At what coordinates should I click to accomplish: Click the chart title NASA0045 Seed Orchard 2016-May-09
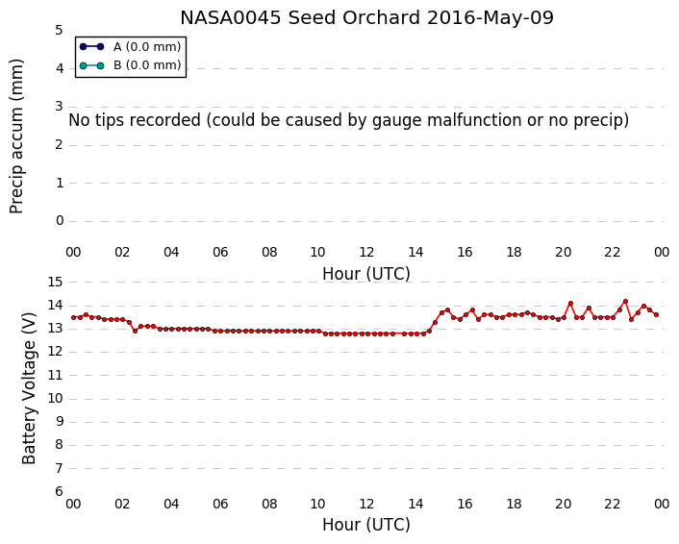(x=366, y=18)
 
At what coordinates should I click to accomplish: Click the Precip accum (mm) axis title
(x=16, y=136)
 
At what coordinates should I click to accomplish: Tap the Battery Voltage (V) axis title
(x=29, y=388)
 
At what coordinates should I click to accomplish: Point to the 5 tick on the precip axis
(x=59, y=31)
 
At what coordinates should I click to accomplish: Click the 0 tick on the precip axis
(x=60, y=221)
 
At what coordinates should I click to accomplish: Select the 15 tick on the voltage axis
(x=55, y=283)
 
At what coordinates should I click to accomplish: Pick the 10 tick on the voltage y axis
(x=55, y=399)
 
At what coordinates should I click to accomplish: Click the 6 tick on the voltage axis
(x=59, y=492)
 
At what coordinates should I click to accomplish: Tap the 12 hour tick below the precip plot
(x=366, y=252)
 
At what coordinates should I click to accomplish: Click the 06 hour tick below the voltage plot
(x=220, y=505)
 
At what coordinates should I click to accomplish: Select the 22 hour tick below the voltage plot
(x=612, y=505)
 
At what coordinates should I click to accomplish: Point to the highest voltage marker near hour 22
(x=625, y=301)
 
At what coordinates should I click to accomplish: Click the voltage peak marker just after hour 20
(x=570, y=304)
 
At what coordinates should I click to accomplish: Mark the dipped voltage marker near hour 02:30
(x=135, y=331)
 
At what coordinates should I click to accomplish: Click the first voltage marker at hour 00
(x=74, y=318)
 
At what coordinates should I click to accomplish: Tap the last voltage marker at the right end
(x=657, y=315)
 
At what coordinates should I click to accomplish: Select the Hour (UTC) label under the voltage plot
(x=365, y=525)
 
